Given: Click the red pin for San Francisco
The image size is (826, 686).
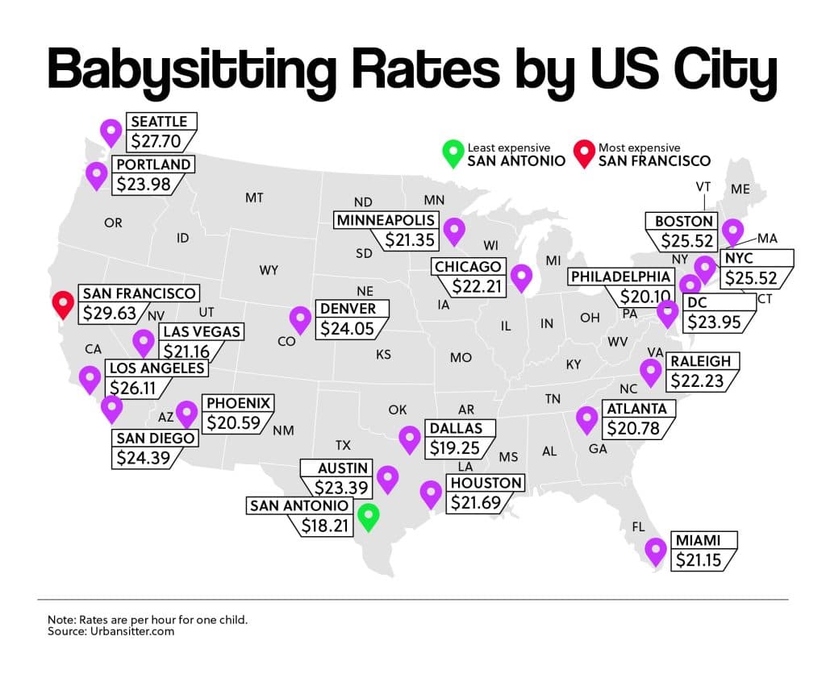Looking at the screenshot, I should click(x=63, y=304).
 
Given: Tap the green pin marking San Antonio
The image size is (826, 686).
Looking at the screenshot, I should click(x=368, y=515).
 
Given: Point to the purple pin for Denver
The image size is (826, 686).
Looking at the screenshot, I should click(x=301, y=318).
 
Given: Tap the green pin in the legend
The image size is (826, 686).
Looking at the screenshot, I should click(x=452, y=152).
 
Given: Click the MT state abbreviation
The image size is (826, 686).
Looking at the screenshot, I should click(x=255, y=197).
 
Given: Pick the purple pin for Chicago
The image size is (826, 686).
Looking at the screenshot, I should click(x=522, y=277).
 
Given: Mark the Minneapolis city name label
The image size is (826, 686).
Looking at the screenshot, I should click(x=386, y=220).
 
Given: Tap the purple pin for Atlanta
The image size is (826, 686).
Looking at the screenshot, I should click(x=586, y=418).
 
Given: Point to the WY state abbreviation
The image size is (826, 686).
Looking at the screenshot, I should click(x=269, y=270).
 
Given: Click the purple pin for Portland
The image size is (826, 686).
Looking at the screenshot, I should click(x=97, y=174).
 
